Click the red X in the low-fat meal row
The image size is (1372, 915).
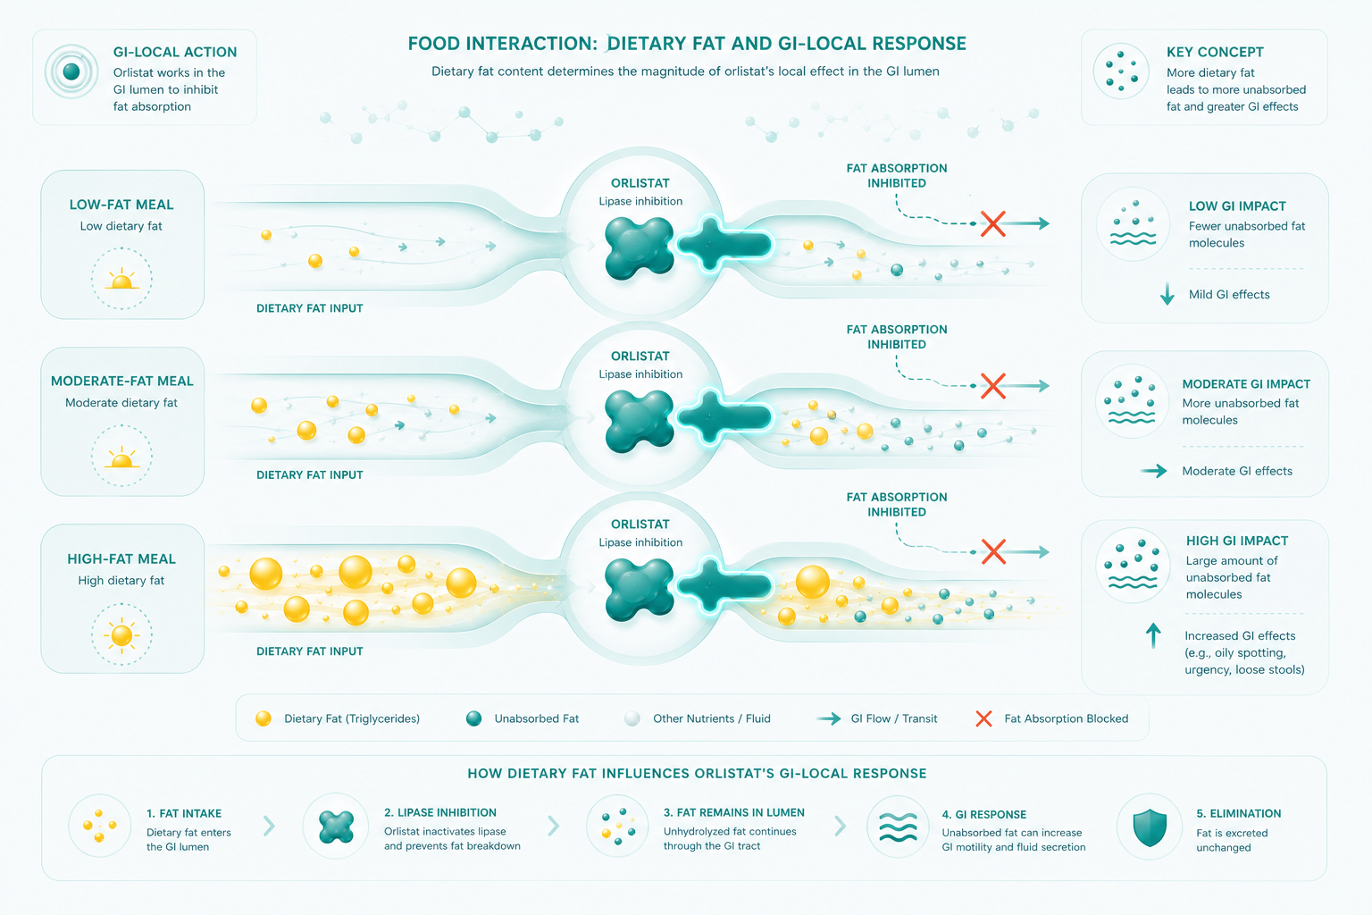993,223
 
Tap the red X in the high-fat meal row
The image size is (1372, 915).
993,551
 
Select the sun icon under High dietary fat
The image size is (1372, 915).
121,634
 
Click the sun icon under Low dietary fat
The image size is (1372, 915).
121,279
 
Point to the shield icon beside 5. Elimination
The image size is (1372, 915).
1150,827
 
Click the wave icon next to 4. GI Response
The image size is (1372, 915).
898,827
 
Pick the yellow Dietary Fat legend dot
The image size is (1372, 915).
264,718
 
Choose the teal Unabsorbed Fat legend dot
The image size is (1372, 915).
473,718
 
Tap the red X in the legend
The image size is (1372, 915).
983,718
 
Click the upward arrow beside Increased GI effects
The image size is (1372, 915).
1153,635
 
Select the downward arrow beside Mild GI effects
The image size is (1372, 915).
1167,294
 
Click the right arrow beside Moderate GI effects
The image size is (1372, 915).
1153,471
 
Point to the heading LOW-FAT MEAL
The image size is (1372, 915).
121,205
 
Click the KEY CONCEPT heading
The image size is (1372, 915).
1215,52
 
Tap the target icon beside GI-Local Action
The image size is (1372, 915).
71,71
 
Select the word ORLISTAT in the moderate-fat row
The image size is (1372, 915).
640,356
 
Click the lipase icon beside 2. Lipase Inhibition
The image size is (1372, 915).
336,827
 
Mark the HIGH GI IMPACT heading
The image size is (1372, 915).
1236,541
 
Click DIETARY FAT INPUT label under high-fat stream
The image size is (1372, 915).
309,651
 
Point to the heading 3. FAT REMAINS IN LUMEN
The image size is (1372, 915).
733,812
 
